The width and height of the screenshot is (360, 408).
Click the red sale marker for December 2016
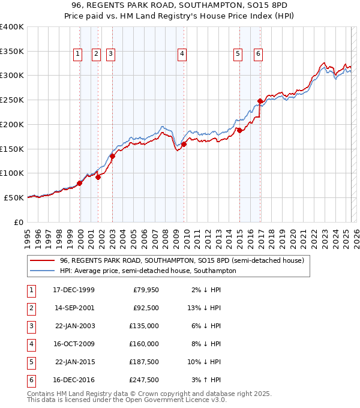pos(260,101)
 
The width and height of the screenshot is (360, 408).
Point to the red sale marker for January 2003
pos(112,156)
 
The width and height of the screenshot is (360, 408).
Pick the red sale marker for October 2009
pos(184,144)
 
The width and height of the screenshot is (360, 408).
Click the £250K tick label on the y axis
pos(12,100)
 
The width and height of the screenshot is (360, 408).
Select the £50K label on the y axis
pos(14,197)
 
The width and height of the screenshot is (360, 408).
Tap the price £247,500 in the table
pos(146,380)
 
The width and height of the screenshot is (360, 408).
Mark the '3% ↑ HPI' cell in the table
pos(207,380)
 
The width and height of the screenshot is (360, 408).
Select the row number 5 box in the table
pos(31,362)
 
